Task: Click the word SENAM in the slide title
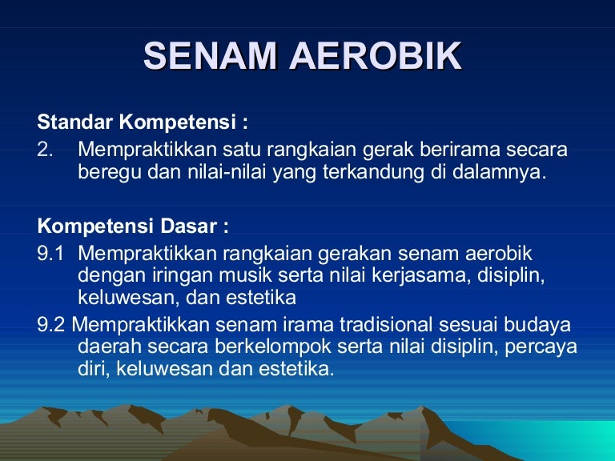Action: [x=211, y=55]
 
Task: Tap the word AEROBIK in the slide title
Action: [x=376, y=55]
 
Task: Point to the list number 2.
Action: [x=45, y=150]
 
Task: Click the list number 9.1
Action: [x=50, y=253]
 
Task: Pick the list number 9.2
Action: [x=51, y=325]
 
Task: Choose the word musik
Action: [x=245, y=275]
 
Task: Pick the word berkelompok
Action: [x=273, y=347]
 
